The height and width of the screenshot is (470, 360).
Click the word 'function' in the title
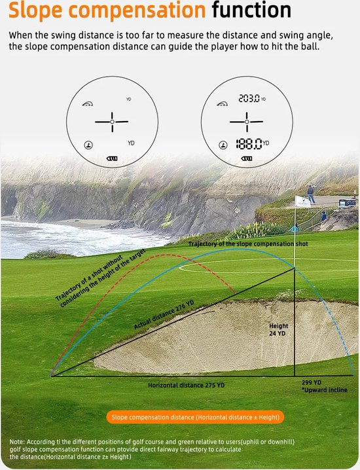251,10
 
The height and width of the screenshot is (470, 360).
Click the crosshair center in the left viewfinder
112,122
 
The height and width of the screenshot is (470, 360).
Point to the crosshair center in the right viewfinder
247,122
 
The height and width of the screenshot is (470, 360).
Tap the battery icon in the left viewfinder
112,158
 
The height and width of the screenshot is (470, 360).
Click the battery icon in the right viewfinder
246,158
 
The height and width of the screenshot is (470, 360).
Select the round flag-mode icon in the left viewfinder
88,145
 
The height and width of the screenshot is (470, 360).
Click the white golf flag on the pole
302,202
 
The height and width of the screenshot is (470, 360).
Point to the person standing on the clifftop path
311,194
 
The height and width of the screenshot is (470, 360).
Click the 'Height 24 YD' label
278,330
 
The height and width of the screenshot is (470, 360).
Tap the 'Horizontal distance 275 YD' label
186,385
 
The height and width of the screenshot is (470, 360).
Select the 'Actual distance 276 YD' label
164,315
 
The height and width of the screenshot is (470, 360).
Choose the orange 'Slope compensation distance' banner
195,417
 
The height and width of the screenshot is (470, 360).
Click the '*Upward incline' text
325,390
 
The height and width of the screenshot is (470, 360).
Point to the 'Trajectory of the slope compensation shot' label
248,244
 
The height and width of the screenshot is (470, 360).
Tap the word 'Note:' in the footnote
18,442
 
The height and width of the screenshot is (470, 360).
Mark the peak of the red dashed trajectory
165,255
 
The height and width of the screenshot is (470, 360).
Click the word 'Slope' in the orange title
35,10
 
